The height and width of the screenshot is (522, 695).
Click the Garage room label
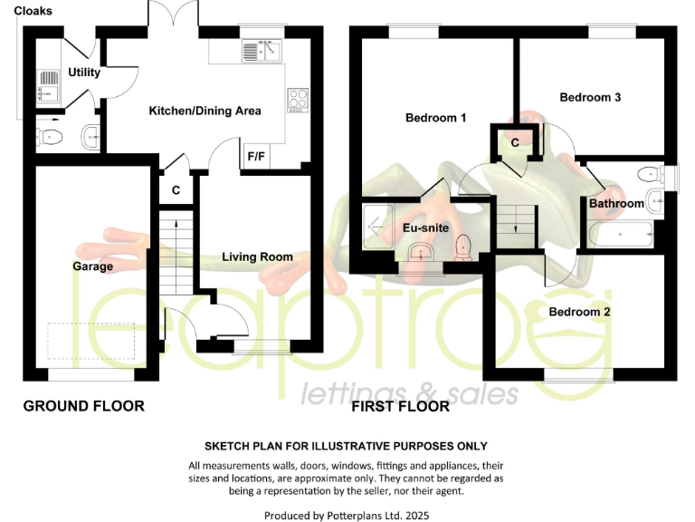(93, 266)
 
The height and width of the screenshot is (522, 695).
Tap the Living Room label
(257, 257)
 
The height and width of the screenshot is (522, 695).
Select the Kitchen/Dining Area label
(205, 111)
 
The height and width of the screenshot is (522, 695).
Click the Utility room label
(83, 72)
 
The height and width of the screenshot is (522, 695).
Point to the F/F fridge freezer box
(256, 156)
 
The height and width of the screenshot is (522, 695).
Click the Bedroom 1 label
(435, 118)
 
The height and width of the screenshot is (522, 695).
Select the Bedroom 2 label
(579, 312)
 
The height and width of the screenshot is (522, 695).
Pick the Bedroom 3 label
(589, 97)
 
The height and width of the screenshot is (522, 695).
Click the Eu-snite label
(424, 228)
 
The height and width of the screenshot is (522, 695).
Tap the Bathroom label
(616, 204)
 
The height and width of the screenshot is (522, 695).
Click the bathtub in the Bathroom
(623, 235)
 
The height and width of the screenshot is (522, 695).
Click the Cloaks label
(33, 11)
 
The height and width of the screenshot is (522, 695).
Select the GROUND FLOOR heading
(83, 406)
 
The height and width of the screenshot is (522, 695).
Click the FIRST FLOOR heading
(400, 406)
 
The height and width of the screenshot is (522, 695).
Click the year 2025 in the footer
(413, 516)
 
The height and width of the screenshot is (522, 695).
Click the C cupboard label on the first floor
(514, 142)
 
